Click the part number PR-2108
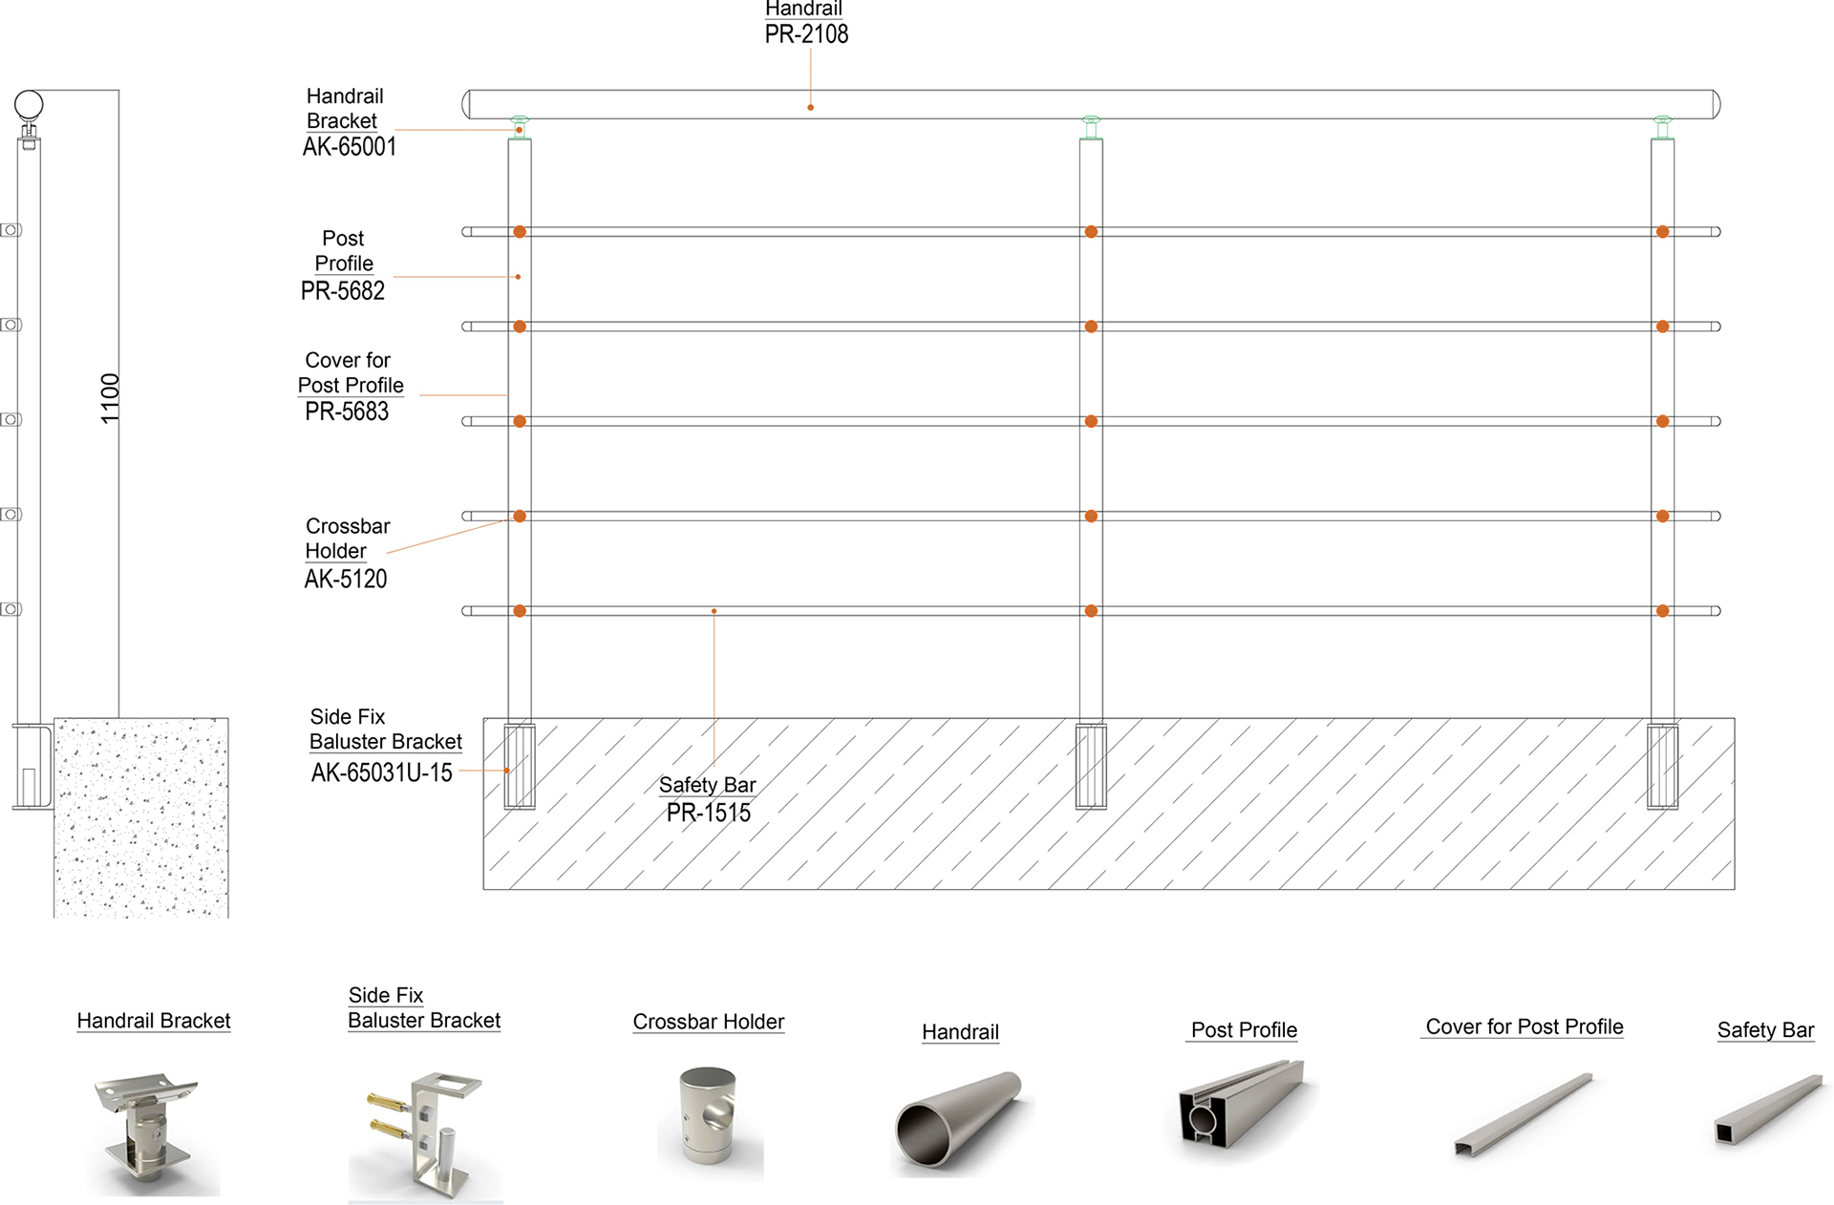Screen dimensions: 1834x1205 click(x=806, y=34)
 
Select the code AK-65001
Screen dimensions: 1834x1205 click(x=350, y=146)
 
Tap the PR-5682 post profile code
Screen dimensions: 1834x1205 click(x=343, y=290)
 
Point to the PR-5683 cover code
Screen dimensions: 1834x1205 click(x=347, y=412)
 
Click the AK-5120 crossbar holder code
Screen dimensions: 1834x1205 click(x=346, y=579)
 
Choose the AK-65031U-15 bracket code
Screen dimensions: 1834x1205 click(x=382, y=772)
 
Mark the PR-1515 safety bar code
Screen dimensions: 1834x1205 click(x=709, y=813)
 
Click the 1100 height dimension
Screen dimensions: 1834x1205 click(x=111, y=398)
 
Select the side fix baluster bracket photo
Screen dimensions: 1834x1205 click(x=425, y=1135)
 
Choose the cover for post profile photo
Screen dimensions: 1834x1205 click(x=1524, y=1113)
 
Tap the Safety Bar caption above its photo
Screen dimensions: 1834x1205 click(x=1765, y=1030)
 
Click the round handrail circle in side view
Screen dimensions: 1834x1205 click(x=29, y=104)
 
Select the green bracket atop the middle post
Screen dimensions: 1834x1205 click(x=1091, y=128)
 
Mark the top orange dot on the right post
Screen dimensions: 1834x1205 click(x=1663, y=232)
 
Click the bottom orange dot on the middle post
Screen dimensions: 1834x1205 click(x=1091, y=611)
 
